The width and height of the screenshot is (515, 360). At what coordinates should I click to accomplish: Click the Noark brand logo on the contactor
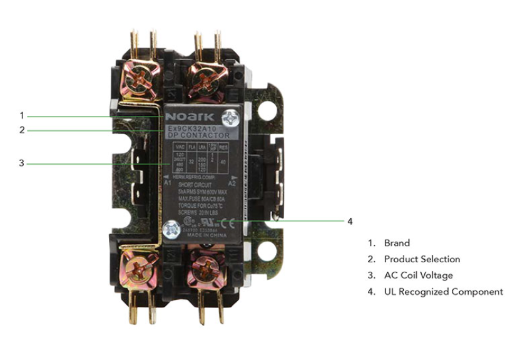coord(190,116)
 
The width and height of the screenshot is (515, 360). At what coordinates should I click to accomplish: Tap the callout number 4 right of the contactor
coord(350,221)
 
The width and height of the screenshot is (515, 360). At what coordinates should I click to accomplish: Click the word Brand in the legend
coord(397,243)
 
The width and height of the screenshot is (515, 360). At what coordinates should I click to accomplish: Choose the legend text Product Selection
coord(422,259)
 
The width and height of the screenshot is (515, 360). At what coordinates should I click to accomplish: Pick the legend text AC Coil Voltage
coord(418,275)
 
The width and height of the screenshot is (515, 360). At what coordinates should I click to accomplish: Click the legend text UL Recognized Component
coord(443,292)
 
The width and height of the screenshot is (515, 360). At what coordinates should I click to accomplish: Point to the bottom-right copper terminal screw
coord(206,269)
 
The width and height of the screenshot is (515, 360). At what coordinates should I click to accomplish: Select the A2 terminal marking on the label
coord(232,183)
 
